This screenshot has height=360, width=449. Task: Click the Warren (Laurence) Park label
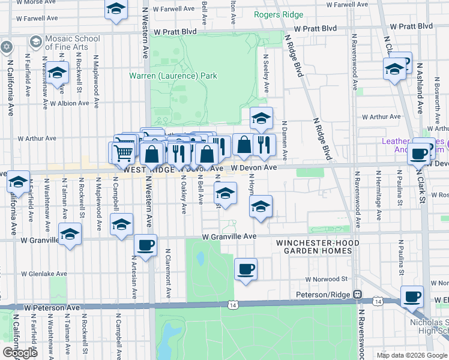click(x=173, y=76)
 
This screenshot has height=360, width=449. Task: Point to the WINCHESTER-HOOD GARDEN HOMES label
click(x=313, y=247)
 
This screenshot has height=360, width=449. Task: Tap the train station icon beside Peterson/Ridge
click(x=357, y=295)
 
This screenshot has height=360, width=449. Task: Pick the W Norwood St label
click(x=326, y=279)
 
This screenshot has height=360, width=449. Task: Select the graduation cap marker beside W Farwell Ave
click(x=116, y=9)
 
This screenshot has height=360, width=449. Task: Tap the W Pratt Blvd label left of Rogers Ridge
click(x=175, y=31)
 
